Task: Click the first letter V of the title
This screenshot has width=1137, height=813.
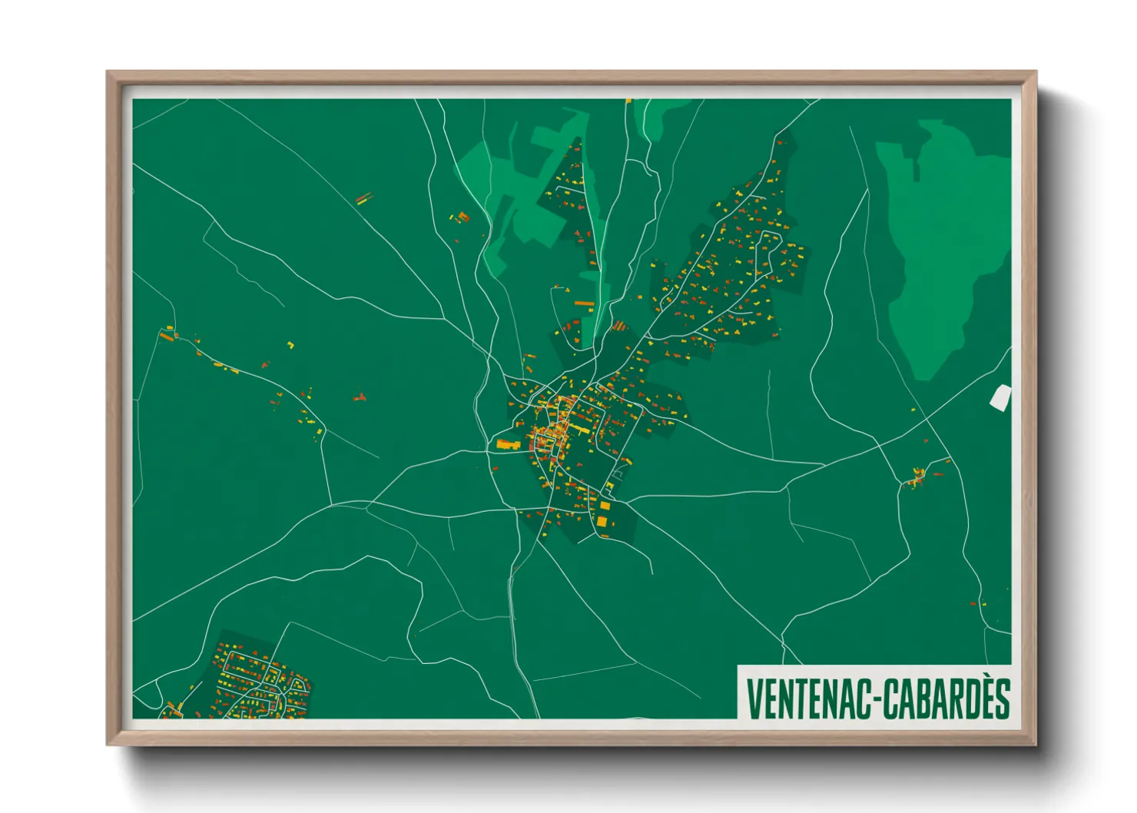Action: pos(753,699)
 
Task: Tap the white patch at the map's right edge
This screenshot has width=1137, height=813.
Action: pos(1000,397)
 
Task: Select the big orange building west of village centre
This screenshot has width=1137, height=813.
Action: pos(507,444)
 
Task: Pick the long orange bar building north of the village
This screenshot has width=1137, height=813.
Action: pos(585,304)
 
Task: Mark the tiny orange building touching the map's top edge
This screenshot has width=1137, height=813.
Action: pos(628,101)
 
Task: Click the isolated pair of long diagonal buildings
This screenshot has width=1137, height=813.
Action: pos(363,199)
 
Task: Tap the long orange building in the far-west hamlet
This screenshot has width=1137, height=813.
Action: pos(167,336)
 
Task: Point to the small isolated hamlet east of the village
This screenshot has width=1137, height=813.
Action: pos(916,477)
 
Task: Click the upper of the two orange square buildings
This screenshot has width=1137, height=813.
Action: pos(605,506)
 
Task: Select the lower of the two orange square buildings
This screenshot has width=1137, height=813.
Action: pos(602,522)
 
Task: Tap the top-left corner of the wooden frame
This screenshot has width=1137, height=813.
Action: pos(108,73)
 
